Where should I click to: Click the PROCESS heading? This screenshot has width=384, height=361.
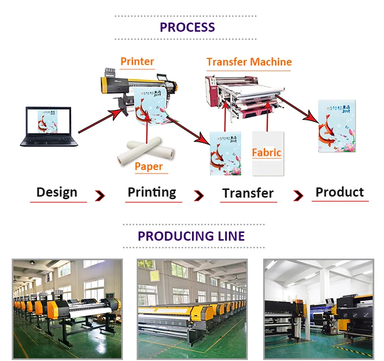coord(187,27)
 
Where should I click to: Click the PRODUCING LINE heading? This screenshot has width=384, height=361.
coord(191,236)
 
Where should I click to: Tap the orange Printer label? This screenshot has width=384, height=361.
coord(137,61)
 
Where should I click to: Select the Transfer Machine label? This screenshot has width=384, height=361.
coord(249,62)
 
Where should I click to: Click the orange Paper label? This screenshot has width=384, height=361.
coord(148,166)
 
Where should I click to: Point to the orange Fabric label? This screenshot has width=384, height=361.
coord(267,152)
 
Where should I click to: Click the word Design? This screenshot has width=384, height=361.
coord(57,193)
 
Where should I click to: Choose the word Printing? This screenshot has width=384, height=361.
coord(152,193)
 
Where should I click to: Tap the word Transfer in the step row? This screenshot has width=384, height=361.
coord(248,193)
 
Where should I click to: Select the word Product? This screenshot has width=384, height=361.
coord(339,192)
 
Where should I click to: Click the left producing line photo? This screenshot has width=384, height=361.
coord(67,308)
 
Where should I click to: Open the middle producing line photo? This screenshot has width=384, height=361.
coord(192,308)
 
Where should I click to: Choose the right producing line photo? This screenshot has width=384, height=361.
coord(318,308)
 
